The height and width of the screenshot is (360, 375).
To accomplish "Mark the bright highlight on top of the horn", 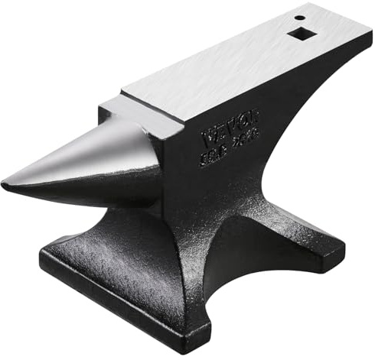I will pyautogui.click(x=84, y=153).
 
